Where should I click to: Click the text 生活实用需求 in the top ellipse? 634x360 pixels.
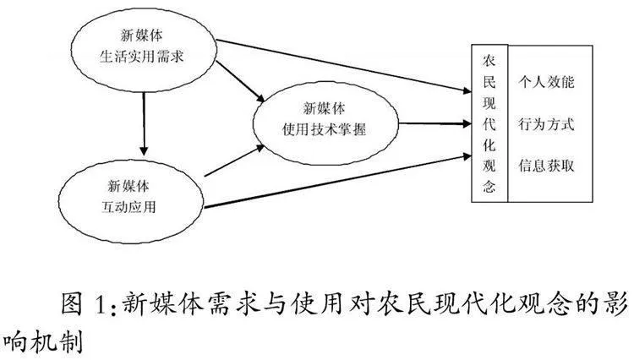point(141,57)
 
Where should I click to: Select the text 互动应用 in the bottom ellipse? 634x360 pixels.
point(128,207)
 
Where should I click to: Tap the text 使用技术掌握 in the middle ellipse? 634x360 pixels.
point(324,129)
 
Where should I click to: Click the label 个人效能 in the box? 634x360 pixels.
point(547,82)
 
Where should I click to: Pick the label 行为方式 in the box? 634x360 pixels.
point(547,124)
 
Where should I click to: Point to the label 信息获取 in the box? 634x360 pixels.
point(547,166)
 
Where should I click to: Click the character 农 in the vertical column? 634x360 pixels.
point(489,61)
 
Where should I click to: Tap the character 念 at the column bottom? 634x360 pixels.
point(489,187)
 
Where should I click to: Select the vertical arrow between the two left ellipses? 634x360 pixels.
point(144,124)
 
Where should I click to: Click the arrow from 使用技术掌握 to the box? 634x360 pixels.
point(435,123)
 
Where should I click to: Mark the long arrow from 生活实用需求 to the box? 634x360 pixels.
point(344,66)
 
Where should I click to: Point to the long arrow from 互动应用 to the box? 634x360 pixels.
point(337,181)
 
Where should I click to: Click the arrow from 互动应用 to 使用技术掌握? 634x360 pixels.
point(234,161)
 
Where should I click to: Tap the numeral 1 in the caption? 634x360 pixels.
point(99,304)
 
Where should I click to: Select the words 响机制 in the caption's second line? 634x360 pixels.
point(42,341)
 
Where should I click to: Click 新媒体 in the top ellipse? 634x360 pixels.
point(141,35)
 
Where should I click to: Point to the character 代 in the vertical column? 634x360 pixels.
point(489,124)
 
